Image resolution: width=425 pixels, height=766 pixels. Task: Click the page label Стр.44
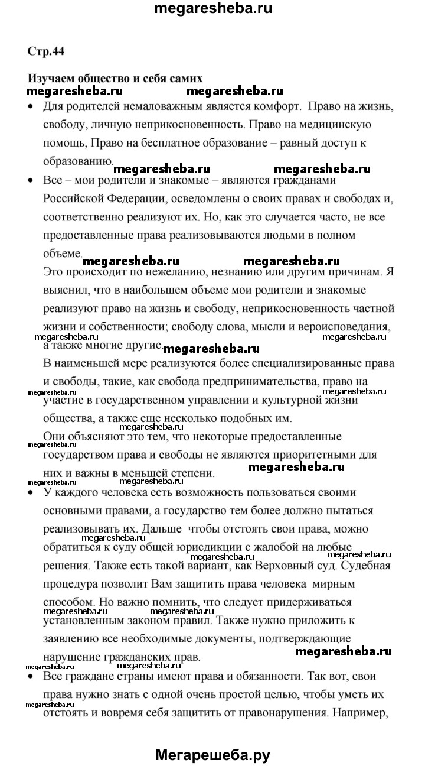45,51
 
